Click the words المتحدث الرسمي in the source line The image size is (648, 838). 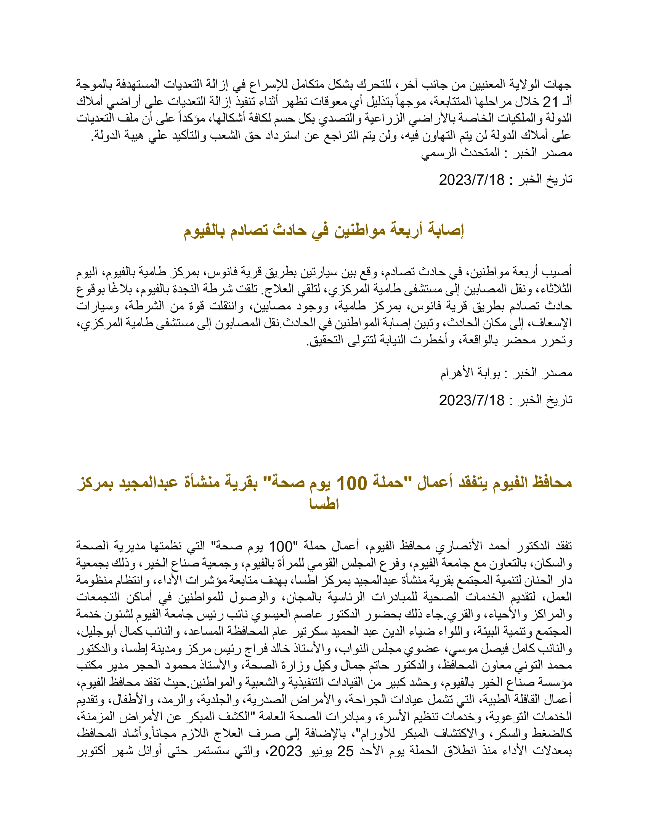coord(460,153)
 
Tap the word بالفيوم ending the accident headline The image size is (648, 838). coord(204,230)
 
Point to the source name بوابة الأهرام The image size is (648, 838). coord(470,373)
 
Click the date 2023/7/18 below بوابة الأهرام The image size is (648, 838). coord(472,400)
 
